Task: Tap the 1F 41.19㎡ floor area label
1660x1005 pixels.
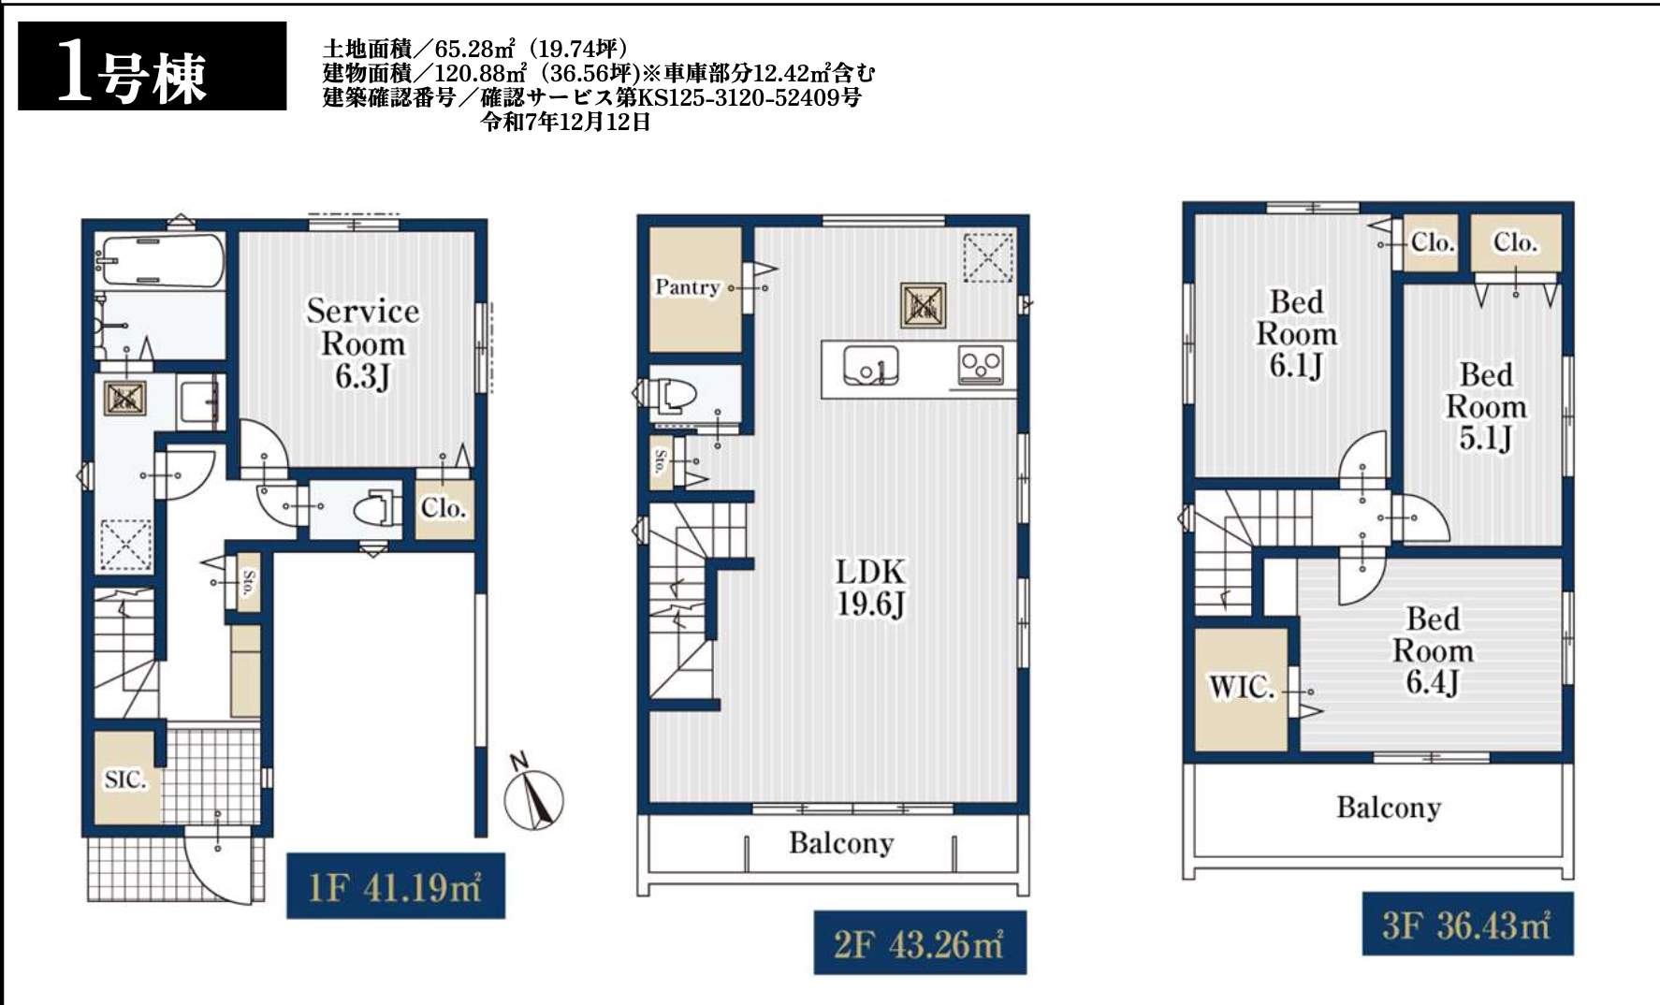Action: pyautogui.click(x=395, y=885)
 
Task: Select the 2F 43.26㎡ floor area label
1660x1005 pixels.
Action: pyautogui.click(x=919, y=942)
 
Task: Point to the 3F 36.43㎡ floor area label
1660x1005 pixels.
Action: pyautogui.click(x=1467, y=925)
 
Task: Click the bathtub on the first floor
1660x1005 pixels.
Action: pyautogui.click(x=163, y=259)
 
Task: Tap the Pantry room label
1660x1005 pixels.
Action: pyautogui.click(x=687, y=286)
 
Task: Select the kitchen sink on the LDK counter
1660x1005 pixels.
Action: pyautogui.click(x=870, y=366)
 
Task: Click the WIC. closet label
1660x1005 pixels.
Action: pyautogui.click(x=1242, y=688)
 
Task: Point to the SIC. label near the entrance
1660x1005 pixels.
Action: pyautogui.click(x=125, y=779)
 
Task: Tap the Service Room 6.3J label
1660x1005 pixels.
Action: pyautogui.click(x=363, y=343)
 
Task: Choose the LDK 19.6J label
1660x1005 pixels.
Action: pyautogui.click(x=870, y=588)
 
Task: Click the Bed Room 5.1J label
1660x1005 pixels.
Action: pyautogui.click(x=1486, y=407)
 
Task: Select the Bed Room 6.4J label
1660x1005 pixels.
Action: pyautogui.click(x=1433, y=650)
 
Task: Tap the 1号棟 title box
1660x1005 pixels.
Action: pyautogui.click(x=153, y=66)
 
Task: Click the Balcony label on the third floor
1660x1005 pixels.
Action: pyautogui.click(x=1389, y=808)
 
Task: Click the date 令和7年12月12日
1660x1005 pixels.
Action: pyautogui.click(x=565, y=122)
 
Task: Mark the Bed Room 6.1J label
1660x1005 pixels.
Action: pyautogui.click(x=1296, y=334)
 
